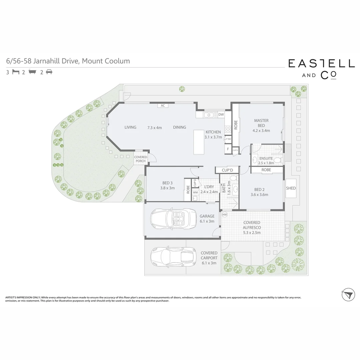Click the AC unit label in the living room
[163, 106]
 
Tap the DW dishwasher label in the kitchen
[221, 115]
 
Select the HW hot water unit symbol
[224, 214]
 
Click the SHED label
[291, 188]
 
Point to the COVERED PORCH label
[140, 159]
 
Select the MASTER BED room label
[261, 123]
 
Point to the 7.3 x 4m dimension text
[154, 127]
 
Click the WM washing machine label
[195, 192]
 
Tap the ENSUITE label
[266, 158]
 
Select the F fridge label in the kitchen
[228, 149]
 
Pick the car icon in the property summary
[49, 72]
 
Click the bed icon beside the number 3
[15, 72]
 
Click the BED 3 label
[167, 183]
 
